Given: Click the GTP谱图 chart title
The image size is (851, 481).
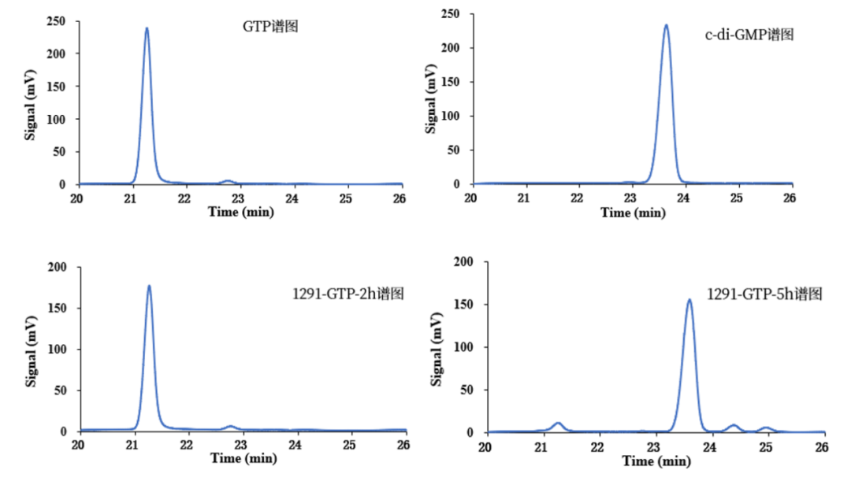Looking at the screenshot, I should [270, 27].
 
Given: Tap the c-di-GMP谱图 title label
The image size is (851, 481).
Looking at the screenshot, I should [749, 34].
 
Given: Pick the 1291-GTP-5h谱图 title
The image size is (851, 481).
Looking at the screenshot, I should [765, 294].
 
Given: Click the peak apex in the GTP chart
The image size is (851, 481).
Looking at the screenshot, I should [147, 28].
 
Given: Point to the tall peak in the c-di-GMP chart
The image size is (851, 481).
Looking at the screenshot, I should [666, 25].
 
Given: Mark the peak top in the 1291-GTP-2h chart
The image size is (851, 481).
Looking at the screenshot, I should [149, 286].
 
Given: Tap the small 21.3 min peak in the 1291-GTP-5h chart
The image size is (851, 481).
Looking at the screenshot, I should [558, 424].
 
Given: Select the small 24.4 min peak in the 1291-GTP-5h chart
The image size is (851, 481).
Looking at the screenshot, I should [734, 425].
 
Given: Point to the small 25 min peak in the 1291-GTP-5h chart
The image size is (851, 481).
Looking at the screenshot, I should [765, 427].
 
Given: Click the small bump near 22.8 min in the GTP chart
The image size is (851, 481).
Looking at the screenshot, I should [227, 181].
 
